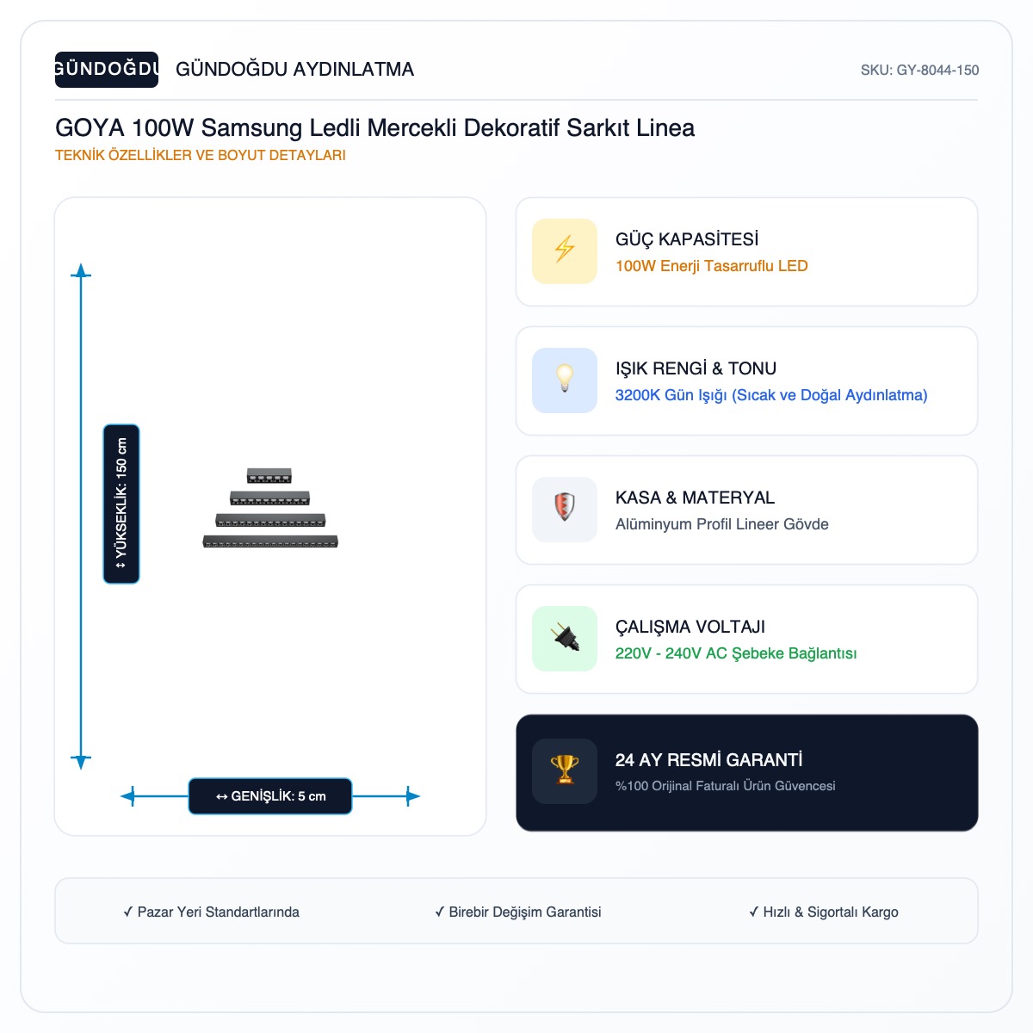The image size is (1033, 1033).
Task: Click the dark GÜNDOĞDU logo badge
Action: (x=106, y=69)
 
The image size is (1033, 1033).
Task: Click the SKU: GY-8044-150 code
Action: (x=919, y=71)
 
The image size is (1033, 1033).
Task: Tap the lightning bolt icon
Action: (x=565, y=249)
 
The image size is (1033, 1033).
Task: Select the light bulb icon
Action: (x=565, y=379)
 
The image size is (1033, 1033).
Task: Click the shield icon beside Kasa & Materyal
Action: (x=565, y=507)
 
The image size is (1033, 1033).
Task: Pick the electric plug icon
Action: (x=565, y=637)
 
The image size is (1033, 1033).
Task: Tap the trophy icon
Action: (x=565, y=770)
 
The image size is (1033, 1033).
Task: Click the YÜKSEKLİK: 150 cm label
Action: (x=121, y=504)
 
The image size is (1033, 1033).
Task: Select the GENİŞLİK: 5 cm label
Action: (x=270, y=796)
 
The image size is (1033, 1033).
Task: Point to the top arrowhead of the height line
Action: (x=81, y=269)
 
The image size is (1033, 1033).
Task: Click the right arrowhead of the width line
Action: (x=413, y=796)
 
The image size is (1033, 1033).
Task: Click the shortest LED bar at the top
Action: (x=269, y=475)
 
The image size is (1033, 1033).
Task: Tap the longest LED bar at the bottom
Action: (x=270, y=541)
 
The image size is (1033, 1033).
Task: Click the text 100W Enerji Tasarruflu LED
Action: (x=711, y=266)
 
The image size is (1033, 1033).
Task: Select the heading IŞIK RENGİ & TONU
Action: (x=696, y=368)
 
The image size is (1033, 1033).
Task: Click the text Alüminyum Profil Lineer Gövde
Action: (x=721, y=523)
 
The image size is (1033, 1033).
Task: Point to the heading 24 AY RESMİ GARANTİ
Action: (x=708, y=759)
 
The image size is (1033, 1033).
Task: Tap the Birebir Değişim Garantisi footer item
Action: (x=518, y=912)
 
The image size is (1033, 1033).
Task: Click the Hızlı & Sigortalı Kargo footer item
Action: (x=824, y=912)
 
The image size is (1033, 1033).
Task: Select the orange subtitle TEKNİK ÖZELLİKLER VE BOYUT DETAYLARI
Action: (x=200, y=155)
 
